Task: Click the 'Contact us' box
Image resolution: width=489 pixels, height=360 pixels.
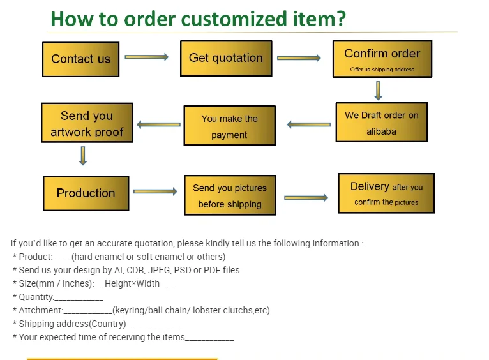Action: point(80,59)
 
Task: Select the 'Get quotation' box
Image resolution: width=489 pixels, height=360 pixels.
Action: point(226,58)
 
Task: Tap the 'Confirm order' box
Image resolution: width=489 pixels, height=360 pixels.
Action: point(382,59)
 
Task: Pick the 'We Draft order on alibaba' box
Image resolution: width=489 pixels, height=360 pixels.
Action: point(381,123)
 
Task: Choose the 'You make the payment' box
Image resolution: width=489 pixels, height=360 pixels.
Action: point(229,126)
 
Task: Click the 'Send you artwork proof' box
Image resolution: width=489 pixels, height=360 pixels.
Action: point(87,124)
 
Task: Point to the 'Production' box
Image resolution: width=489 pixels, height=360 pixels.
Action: point(86,193)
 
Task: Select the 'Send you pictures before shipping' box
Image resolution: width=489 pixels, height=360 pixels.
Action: point(230,195)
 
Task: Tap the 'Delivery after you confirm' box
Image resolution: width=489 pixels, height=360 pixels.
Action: point(386,193)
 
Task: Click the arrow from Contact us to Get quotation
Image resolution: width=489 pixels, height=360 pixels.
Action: point(146,57)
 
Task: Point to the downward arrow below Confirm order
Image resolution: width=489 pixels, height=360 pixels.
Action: point(379,91)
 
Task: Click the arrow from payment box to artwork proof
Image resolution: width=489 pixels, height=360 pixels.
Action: point(158,124)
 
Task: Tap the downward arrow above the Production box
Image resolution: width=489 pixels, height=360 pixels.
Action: point(83,156)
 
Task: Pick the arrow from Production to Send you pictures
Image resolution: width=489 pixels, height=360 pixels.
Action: point(155,191)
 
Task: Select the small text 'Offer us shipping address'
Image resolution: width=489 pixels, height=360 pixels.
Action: point(382,70)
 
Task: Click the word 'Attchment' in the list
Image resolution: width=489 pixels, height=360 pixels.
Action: point(41,310)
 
